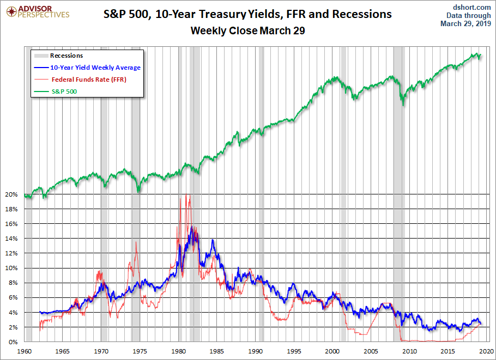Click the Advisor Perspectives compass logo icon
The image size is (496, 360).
tap(11, 12)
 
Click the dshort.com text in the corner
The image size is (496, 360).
tap(471, 7)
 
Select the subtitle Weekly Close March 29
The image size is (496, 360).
tap(247, 30)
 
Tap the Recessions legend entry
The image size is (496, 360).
tap(58, 56)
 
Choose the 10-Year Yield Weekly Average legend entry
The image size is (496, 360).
tap(87, 68)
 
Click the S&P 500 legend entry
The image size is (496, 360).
tap(56, 91)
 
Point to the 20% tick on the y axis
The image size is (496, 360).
tap(11, 194)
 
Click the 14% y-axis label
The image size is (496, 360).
tap(11, 239)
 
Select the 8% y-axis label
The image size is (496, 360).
tap(13, 283)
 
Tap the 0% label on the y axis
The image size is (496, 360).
tap(13, 342)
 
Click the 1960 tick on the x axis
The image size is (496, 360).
tap(24, 351)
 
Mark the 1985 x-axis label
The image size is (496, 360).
tap(217, 351)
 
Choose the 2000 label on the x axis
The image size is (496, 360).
tap(332, 351)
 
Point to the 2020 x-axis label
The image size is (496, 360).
tap(487, 351)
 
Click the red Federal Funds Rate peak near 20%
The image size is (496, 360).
tap(186, 194)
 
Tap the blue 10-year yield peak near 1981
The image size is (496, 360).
tap(191, 227)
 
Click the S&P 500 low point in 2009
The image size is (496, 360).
tap(403, 105)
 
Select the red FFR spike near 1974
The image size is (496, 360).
tap(136, 242)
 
